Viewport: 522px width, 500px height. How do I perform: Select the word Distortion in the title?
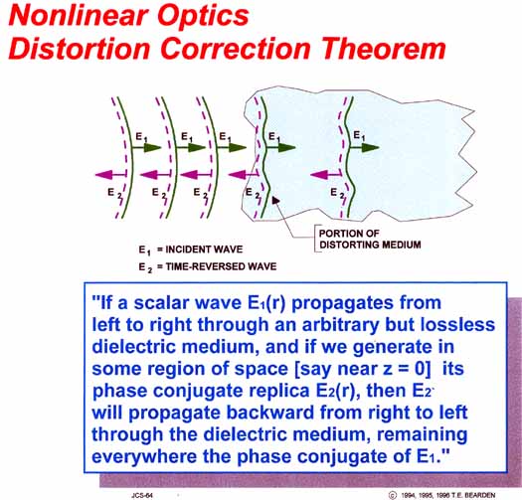tap(80, 49)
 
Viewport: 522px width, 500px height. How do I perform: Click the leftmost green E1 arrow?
tap(146, 147)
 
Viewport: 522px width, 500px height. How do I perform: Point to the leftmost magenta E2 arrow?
tap(110, 174)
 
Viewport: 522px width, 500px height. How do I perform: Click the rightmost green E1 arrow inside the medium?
tap(364, 147)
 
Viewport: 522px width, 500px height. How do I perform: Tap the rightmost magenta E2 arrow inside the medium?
tap(326, 174)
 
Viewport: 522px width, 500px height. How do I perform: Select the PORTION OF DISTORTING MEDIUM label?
tap(370, 239)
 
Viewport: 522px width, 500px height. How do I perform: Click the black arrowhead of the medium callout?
tap(276, 200)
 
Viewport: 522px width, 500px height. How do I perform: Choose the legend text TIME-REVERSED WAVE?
tap(221, 266)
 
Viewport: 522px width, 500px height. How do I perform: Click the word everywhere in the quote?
tap(144, 456)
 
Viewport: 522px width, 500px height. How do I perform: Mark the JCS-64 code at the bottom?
tap(142, 495)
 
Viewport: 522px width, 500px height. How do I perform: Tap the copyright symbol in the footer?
tap(393, 495)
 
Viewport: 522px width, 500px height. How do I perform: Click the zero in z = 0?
tap(421, 369)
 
